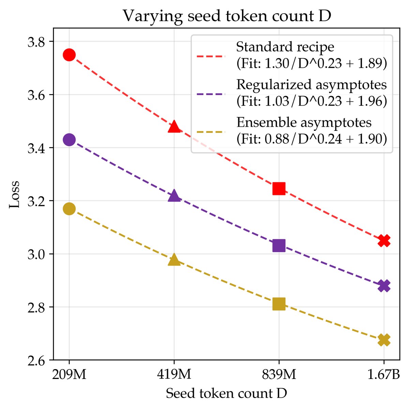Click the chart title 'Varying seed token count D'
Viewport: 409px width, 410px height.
tap(227, 16)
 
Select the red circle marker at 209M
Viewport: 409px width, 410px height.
tap(69, 55)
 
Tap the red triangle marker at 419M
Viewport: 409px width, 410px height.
tap(174, 126)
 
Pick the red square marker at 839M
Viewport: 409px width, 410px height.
tap(279, 188)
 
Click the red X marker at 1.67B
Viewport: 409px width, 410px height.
tap(384, 241)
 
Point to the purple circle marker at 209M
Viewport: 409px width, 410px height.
tap(69, 140)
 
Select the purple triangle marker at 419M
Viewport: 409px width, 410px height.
tap(174, 196)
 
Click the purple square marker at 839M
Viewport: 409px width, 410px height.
tap(279, 245)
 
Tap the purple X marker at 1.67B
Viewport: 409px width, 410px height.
tap(384, 286)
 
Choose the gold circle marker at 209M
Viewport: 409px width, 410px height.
tap(69, 209)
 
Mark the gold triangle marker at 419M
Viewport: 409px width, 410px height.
tap(174, 260)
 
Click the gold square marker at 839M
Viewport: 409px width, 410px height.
tap(279, 304)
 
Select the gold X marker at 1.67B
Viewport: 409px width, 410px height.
tap(384, 340)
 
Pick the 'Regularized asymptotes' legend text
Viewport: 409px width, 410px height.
tap(312, 85)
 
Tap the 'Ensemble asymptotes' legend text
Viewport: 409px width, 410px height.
tap(304, 122)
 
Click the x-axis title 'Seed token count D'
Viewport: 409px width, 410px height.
tap(226, 394)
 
